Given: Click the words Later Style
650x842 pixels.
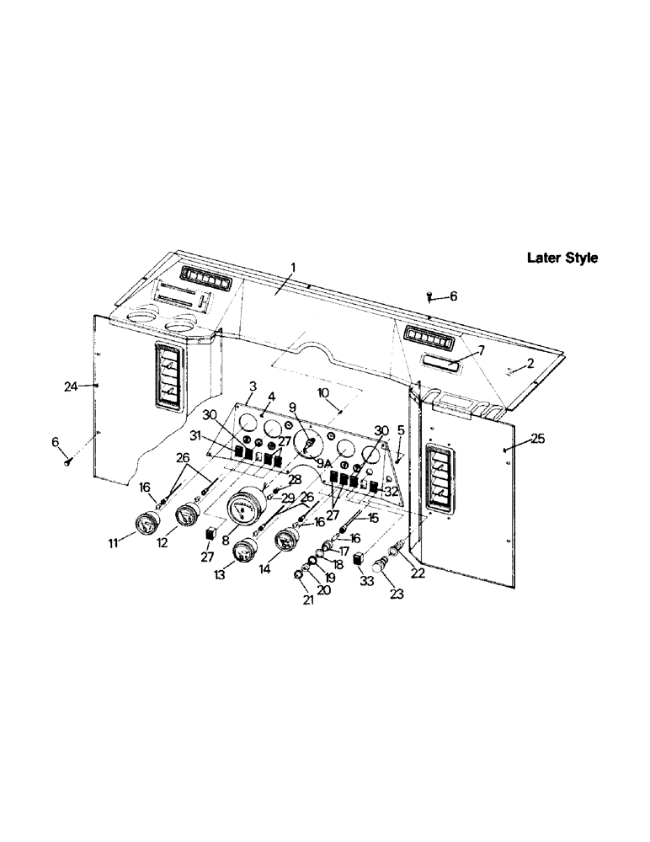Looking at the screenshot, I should [x=562, y=258].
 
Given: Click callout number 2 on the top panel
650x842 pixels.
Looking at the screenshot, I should [x=530, y=364].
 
